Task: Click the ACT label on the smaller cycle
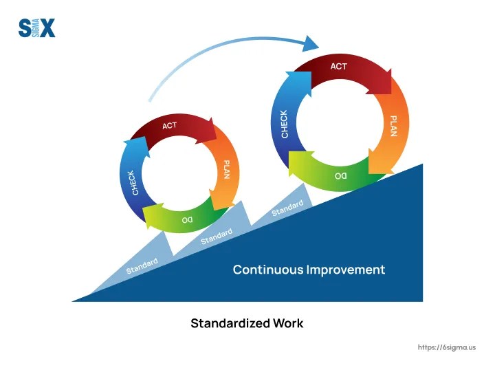click(170, 126)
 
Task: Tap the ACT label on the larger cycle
click(338, 66)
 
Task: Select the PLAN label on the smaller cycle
click(227, 170)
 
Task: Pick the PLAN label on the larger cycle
click(393, 126)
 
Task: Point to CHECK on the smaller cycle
click(133, 183)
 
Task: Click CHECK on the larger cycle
click(285, 124)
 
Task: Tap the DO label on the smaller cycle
click(187, 219)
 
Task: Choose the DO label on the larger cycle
click(340, 176)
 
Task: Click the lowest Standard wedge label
click(142, 266)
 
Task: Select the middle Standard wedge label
click(217, 237)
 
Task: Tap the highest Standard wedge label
click(287, 208)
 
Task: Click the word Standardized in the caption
click(230, 323)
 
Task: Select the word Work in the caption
click(288, 323)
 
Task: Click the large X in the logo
click(47, 28)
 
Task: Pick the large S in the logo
click(25, 28)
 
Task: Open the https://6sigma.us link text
click(447, 347)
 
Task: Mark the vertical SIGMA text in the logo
click(36, 28)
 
